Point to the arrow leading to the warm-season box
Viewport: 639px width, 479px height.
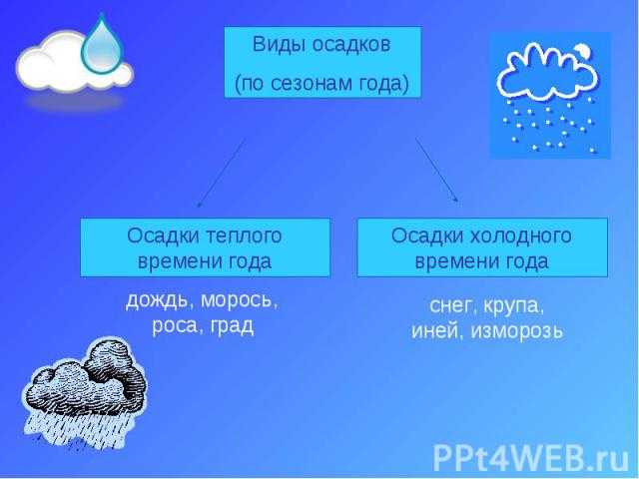coord(222,173)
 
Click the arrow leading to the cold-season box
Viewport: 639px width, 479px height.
coord(437,170)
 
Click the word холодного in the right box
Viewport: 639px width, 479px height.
coord(521,237)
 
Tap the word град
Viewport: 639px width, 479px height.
coord(233,326)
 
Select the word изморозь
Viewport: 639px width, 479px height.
coord(517,331)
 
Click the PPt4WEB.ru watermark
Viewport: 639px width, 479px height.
coord(531,458)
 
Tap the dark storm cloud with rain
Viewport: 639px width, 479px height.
coord(84,391)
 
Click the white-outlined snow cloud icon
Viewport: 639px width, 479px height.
coord(547,96)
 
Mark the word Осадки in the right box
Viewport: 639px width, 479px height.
coord(426,237)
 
